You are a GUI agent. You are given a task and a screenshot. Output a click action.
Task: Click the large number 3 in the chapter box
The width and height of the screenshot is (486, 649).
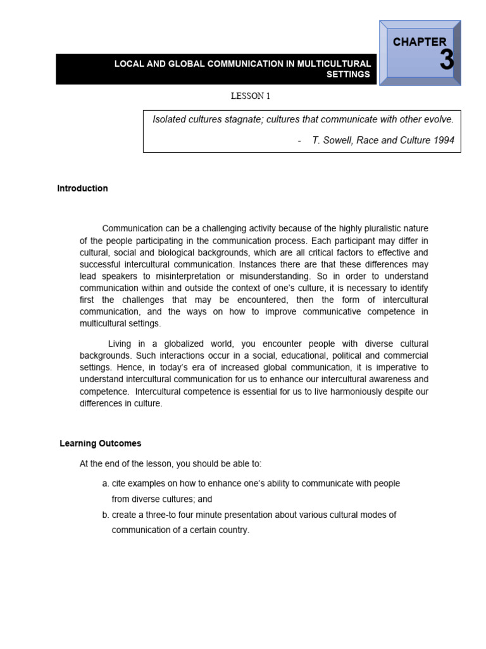[x=446, y=60]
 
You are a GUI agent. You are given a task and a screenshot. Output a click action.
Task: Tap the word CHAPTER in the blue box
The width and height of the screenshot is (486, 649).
[x=419, y=42]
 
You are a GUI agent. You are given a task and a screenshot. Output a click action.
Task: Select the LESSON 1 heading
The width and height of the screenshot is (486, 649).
[x=251, y=96]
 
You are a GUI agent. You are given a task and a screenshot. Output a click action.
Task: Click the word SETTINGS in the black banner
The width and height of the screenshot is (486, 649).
[x=348, y=74]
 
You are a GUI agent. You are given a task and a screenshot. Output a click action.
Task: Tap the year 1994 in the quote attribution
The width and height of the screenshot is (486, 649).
[x=443, y=140]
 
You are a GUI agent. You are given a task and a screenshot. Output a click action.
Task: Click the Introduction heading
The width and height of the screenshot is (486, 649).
[x=82, y=188]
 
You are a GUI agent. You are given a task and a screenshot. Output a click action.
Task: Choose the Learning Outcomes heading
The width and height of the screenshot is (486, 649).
[x=100, y=444]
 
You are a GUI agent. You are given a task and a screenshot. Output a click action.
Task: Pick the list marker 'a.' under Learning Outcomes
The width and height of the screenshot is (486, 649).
[x=106, y=484]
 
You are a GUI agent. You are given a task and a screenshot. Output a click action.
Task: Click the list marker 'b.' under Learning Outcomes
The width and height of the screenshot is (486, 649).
[x=106, y=515]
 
